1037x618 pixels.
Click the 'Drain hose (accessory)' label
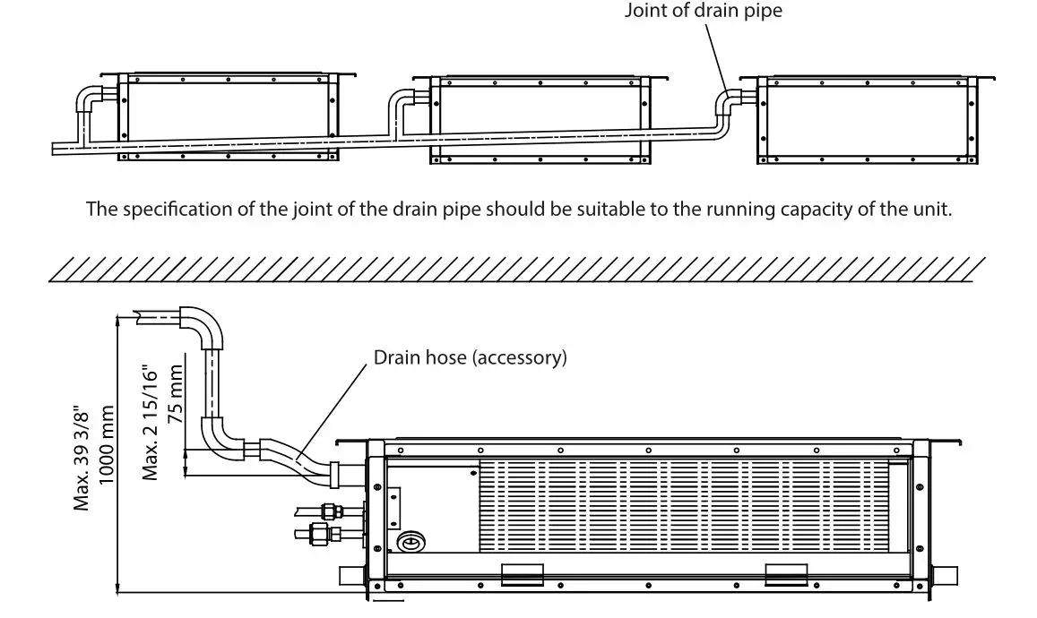pos(471,358)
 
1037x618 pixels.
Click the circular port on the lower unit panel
pos(412,541)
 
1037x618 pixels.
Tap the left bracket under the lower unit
pos(522,573)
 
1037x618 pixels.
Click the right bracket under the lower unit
pos(787,573)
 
